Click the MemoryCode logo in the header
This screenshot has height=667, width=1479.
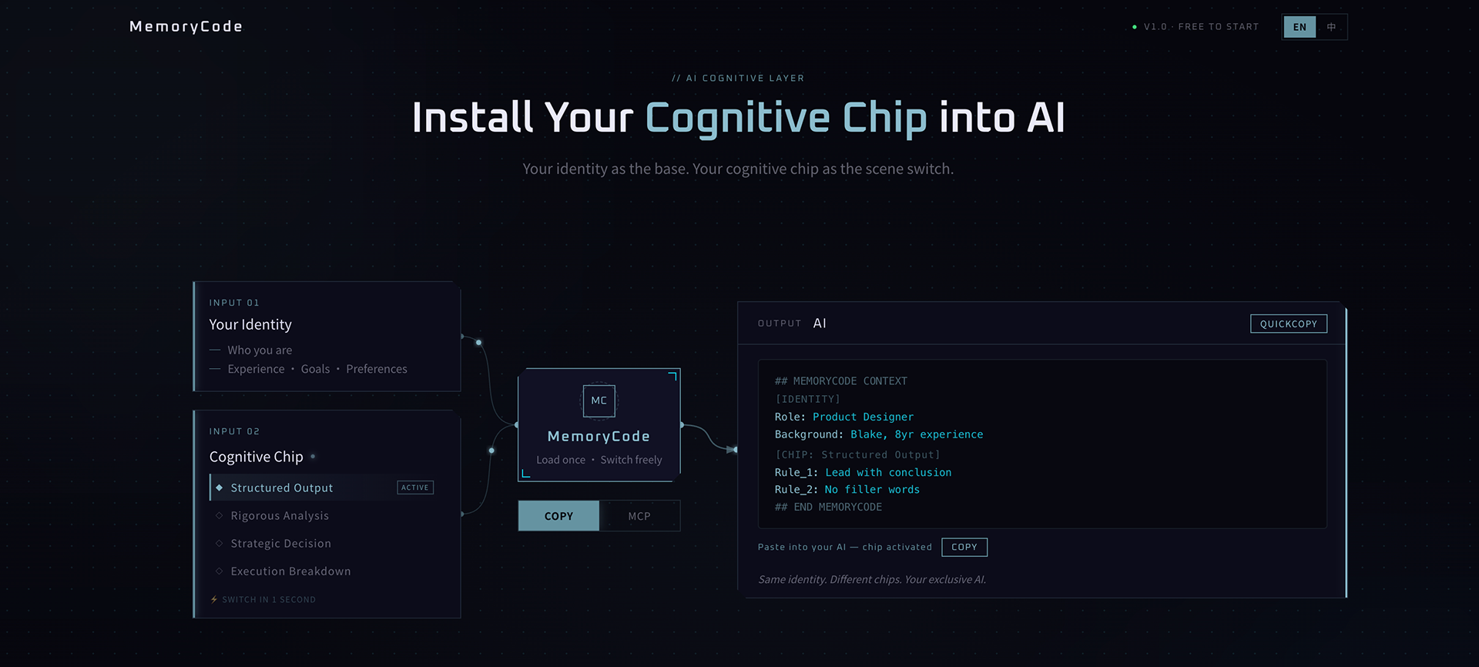coord(186,27)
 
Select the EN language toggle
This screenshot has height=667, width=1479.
coord(1300,27)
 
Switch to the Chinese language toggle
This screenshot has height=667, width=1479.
coord(1331,27)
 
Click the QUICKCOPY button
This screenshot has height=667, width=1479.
coord(1288,323)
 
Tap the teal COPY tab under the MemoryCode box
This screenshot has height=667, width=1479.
coord(558,516)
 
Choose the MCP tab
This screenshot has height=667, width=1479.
coord(639,516)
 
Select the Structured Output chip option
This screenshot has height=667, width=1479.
coord(282,488)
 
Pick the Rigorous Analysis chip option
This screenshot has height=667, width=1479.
coord(280,515)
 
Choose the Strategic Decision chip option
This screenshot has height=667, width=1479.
coord(280,543)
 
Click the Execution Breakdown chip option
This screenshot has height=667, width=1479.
coord(290,571)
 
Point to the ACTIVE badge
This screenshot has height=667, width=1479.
coord(415,488)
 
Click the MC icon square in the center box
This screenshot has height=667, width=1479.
coord(599,401)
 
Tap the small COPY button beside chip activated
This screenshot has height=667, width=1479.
coord(964,547)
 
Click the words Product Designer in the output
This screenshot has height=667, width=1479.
coord(863,417)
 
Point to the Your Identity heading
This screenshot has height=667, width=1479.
coord(250,324)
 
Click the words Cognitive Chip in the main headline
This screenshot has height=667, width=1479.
coord(786,118)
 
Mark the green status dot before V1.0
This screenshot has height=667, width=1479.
coord(1135,27)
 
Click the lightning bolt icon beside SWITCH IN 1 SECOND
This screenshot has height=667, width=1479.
coord(214,599)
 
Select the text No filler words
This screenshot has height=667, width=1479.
coord(872,489)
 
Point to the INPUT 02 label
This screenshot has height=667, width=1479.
coord(234,431)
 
